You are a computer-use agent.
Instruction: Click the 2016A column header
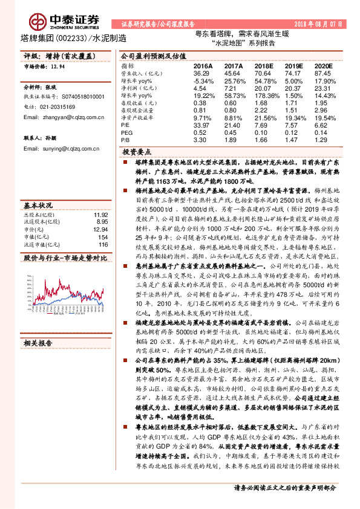(203, 65)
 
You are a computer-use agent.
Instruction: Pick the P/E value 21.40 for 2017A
(233, 124)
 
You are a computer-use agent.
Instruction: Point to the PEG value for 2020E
(324, 131)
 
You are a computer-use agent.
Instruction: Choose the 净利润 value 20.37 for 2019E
(293, 87)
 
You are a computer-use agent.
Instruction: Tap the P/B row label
(125, 139)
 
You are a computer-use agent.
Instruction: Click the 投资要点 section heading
(136, 152)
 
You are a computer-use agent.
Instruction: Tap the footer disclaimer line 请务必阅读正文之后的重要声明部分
(284, 486)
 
